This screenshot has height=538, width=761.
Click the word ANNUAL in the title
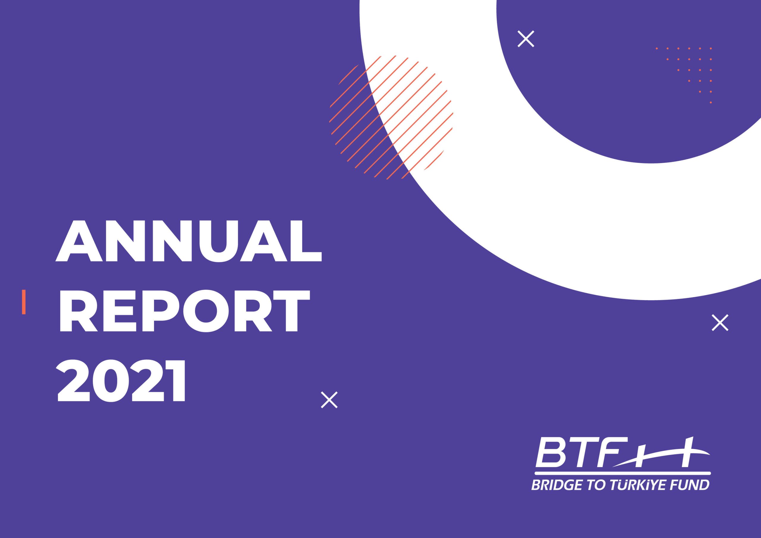pyautogui.click(x=188, y=241)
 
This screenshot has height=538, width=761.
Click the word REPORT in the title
pyautogui.click(x=185, y=311)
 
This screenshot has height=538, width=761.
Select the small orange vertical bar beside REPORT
pyautogui.click(x=23, y=302)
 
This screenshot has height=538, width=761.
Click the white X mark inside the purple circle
pyautogui.click(x=526, y=39)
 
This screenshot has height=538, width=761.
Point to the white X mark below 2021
pyautogui.click(x=329, y=400)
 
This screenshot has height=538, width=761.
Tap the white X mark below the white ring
pyautogui.click(x=720, y=323)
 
